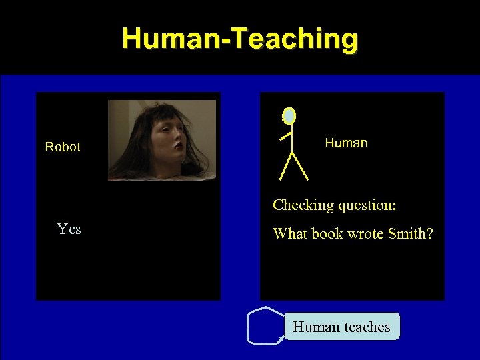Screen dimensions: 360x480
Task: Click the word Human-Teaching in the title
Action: [x=240, y=39]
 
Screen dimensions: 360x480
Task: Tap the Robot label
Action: [x=63, y=147]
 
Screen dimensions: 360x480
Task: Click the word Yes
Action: [x=69, y=229]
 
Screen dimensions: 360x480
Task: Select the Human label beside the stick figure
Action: [x=346, y=143]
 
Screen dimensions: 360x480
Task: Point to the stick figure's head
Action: [x=289, y=116]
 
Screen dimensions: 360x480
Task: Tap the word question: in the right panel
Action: [x=367, y=205]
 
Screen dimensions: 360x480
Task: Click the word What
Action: [x=291, y=234]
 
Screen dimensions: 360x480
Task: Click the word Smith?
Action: [x=411, y=234]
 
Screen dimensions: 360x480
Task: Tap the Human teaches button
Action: [x=342, y=327]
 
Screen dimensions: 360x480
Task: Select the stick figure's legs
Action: [x=293, y=167]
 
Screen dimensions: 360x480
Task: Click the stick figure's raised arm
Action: [x=285, y=136]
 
